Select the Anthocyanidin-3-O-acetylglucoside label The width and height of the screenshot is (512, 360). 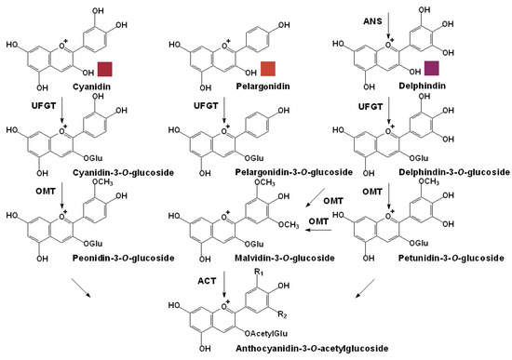tap(249, 347)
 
